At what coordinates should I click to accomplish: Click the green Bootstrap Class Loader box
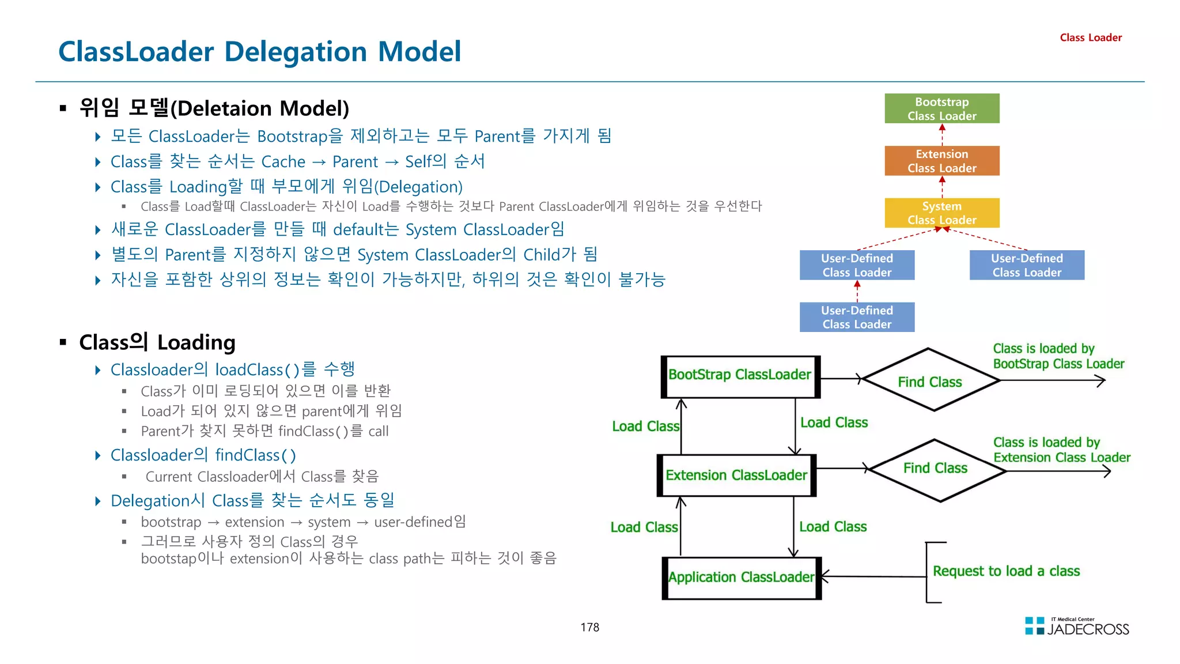click(941, 108)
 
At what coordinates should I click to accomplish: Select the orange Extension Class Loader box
click(941, 161)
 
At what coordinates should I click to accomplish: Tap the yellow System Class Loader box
click(941, 213)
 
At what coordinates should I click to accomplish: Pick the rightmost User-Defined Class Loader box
click(1026, 265)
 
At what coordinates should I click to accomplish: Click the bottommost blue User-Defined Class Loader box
click(856, 317)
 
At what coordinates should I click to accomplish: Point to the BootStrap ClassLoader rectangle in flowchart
click(740, 376)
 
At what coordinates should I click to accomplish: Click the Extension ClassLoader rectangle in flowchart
click(736, 476)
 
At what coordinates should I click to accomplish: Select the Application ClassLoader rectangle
click(741, 578)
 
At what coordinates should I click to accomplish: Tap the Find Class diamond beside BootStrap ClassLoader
click(930, 381)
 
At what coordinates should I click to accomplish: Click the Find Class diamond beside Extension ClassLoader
click(936, 469)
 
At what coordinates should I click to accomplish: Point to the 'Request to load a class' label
click(1006, 571)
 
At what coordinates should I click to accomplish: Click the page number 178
click(589, 627)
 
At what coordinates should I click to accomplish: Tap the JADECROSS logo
click(1077, 627)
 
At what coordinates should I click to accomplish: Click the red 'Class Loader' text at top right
click(1090, 37)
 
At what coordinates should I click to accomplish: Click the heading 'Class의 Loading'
click(157, 342)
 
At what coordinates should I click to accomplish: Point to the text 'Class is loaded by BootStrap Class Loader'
click(1058, 356)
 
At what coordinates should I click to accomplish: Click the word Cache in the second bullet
click(283, 162)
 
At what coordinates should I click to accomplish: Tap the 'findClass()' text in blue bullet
click(255, 455)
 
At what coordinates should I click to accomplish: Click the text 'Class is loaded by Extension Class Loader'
click(1061, 450)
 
